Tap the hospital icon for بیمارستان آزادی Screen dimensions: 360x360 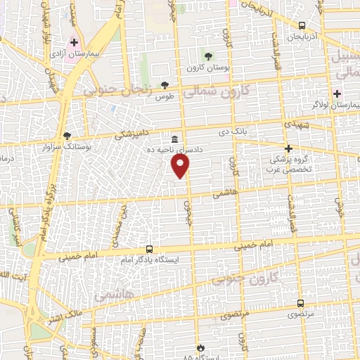(x=75, y=43)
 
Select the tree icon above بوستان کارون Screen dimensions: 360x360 (x=207, y=56)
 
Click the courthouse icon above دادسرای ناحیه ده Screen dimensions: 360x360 (x=174, y=139)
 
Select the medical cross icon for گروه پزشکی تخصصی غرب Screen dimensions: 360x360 (x=288, y=148)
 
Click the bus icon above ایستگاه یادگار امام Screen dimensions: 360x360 (x=149, y=249)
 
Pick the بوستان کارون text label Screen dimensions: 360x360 (x=205, y=68)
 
